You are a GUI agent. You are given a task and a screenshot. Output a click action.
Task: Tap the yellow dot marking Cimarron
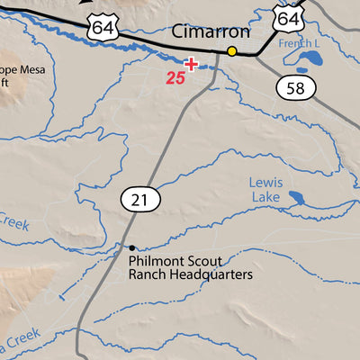click(231, 51)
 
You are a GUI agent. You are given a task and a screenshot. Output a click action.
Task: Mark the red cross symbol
click(190, 64)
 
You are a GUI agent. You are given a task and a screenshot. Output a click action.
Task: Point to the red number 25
click(175, 78)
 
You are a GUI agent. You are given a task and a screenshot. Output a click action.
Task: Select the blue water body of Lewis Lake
click(296, 198)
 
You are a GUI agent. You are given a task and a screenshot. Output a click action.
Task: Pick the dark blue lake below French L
click(310, 61)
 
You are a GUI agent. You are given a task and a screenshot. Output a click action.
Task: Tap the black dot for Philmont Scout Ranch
click(131, 247)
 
